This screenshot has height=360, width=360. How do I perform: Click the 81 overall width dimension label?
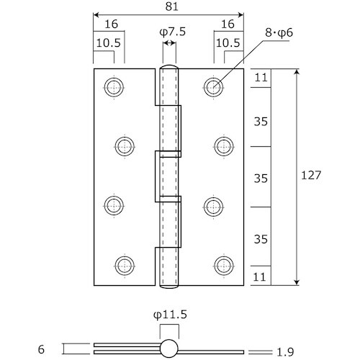[x=172, y=6]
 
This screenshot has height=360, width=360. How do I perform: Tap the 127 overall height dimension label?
[x=311, y=175]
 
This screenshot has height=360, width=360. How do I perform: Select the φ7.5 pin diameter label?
[x=173, y=32]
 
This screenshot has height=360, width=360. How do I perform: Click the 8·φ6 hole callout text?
[x=279, y=32]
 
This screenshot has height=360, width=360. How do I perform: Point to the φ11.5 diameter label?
[x=170, y=315]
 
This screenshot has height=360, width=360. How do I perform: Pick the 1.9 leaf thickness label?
[x=285, y=352]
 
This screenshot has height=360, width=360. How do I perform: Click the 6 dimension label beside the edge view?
[x=41, y=349]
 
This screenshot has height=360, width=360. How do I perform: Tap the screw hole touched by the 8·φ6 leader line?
[x=213, y=87]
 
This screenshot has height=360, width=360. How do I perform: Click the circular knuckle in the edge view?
[x=169, y=348]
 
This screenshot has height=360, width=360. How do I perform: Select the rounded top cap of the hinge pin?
[x=169, y=66]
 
